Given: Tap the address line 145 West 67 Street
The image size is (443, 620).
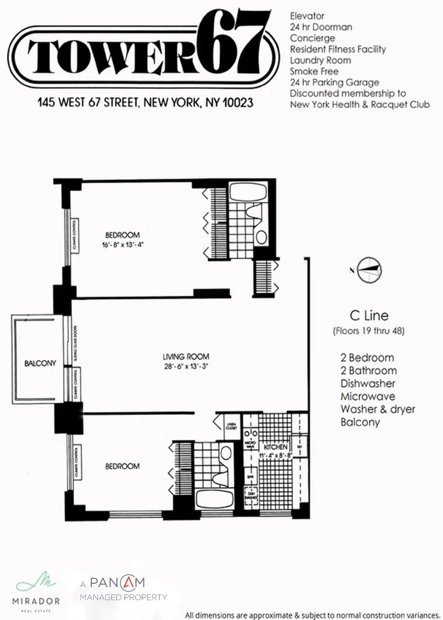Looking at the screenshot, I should [x=145, y=102].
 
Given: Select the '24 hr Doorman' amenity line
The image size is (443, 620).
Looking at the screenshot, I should [x=321, y=27].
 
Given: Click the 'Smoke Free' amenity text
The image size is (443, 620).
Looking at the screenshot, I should [x=314, y=71].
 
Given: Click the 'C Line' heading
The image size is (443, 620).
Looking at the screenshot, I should [x=369, y=316].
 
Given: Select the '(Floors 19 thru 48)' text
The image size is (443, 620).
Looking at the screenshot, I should [x=369, y=331].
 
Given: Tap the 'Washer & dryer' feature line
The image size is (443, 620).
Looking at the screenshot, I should [x=377, y=409].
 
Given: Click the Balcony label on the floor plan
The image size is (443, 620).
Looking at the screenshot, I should [x=40, y=363].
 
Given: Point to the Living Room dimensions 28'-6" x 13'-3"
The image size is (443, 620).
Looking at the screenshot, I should [x=186, y=366].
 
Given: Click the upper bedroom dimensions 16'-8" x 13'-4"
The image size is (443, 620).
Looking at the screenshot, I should [x=122, y=245].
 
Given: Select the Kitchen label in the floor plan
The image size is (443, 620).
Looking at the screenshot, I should [x=275, y=447].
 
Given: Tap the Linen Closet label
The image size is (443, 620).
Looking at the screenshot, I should [x=231, y=426].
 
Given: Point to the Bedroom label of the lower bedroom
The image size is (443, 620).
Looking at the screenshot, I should [x=122, y=466].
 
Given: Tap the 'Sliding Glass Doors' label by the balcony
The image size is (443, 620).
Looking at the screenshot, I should [x=75, y=343].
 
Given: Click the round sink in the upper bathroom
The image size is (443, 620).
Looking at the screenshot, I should [x=261, y=237].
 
